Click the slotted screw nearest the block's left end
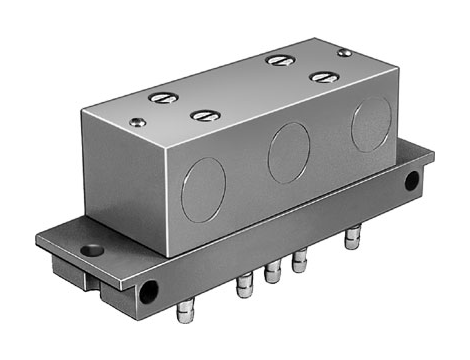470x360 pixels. click(162, 98)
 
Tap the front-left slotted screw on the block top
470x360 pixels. click(204, 116)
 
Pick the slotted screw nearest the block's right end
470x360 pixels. click(322, 76)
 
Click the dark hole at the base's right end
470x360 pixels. click(411, 181)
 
